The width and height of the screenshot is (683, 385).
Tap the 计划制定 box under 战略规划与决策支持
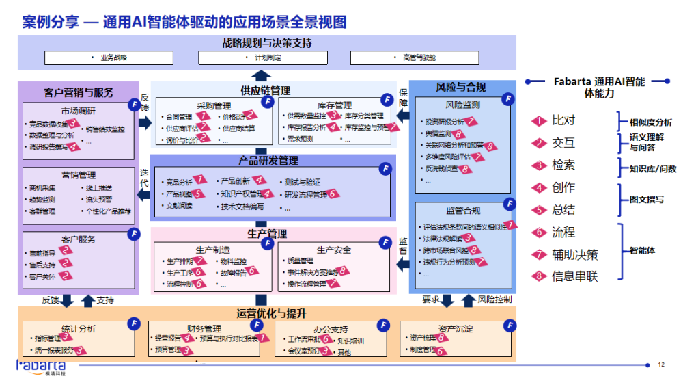[267, 58]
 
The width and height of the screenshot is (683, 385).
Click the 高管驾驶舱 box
[419, 58]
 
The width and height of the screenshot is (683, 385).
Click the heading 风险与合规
[461, 88]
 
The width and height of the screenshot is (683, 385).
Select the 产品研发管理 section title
[268, 161]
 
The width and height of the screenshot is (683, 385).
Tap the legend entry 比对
[563, 120]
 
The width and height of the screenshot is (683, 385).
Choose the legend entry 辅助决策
[574, 254]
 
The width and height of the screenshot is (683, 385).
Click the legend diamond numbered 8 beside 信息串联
[540, 276]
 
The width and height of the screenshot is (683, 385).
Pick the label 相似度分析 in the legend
[650, 122]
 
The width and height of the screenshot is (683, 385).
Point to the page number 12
[660, 364]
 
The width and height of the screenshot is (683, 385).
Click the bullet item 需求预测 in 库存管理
[301, 139]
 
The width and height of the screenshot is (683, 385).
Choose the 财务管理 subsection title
[204, 329]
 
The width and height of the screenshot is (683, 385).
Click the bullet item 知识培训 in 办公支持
[351, 340]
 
